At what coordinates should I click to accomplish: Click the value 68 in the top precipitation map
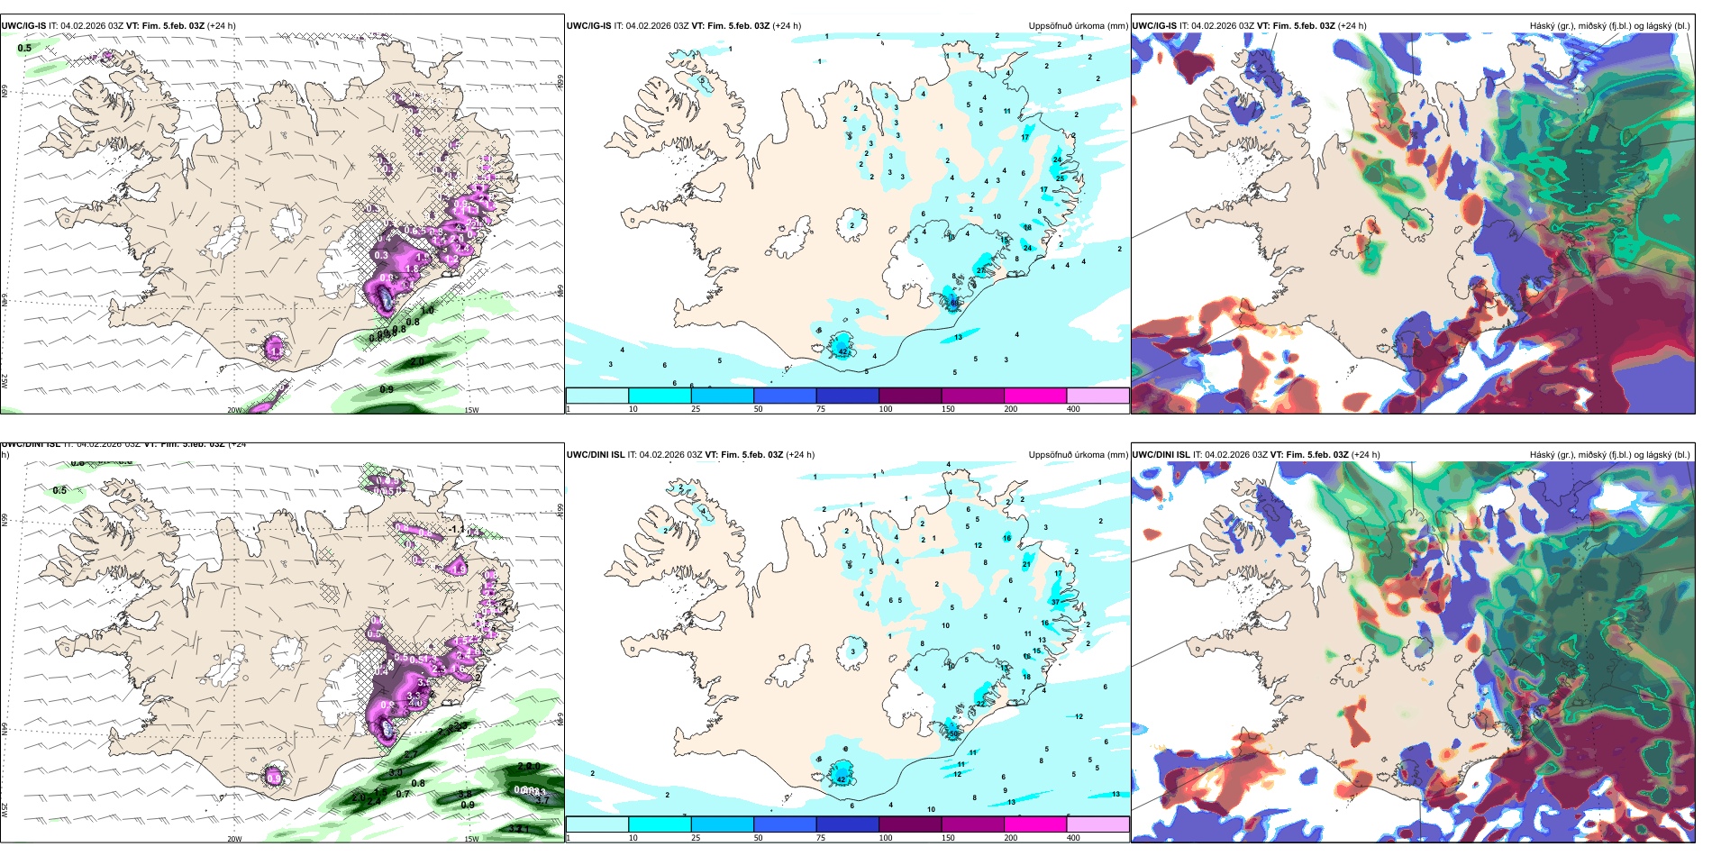(955, 303)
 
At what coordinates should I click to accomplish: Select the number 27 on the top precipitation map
(980, 270)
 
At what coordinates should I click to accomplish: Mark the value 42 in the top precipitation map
(842, 351)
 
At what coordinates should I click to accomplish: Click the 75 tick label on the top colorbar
(821, 409)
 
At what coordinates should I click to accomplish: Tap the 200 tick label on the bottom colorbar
(1010, 838)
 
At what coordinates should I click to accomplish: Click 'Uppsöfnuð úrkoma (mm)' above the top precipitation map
(1078, 26)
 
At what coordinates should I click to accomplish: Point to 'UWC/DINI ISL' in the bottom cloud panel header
(1161, 455)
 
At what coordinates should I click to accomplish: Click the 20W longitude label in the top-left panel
(234, 410)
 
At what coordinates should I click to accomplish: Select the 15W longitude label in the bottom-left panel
(470, 839)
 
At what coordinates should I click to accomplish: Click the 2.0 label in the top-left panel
(417, 361)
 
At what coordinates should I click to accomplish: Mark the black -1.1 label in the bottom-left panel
(458, 530)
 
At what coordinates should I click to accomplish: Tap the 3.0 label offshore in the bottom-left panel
(396, 773)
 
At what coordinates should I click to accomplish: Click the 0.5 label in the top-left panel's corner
(24, 49)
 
